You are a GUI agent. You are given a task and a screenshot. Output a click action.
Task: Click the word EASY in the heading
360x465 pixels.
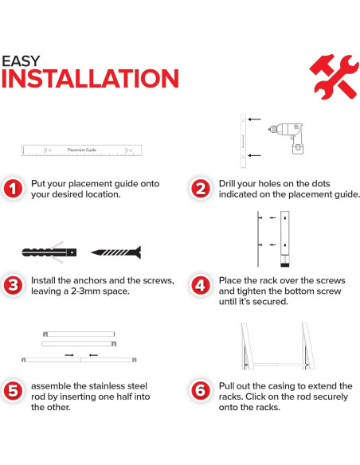[21, 61]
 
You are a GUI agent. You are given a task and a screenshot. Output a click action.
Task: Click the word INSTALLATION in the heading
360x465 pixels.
[90, 79]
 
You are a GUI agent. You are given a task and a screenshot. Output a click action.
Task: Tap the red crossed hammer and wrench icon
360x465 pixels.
[334, 76]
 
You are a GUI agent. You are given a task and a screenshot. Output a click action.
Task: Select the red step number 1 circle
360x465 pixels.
[13, 189]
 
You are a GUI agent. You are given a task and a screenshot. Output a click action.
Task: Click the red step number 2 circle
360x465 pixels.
[201, 189]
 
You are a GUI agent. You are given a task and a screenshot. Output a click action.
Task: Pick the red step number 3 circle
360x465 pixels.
[13, 286]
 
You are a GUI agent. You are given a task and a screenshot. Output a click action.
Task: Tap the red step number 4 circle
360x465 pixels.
[201, 286]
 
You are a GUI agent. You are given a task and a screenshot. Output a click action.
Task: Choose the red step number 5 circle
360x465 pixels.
[13, 391]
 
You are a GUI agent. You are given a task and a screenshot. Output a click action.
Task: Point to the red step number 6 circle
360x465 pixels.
[201, 391]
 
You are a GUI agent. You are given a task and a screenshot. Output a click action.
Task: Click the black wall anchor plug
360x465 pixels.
[49, 252]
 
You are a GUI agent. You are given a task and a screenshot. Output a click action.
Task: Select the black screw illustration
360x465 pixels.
[116, 252]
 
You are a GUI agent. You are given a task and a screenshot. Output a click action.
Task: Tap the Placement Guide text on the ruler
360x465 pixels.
[82, 150]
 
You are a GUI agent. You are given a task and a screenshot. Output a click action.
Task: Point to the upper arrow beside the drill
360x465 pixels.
[254, 119]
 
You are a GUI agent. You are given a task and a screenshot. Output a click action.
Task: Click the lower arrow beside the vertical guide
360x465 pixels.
[254, 155]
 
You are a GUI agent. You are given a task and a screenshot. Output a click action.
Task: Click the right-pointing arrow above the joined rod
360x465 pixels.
[69, 355]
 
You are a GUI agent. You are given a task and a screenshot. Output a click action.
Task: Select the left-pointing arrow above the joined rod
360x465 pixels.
[93, 355]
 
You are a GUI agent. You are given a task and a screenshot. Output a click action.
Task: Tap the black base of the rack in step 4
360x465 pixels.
[285, 264]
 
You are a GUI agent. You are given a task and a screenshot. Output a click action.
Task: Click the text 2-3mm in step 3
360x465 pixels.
[85, 291]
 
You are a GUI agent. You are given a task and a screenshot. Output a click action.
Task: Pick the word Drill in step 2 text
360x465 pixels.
[226, 184]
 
